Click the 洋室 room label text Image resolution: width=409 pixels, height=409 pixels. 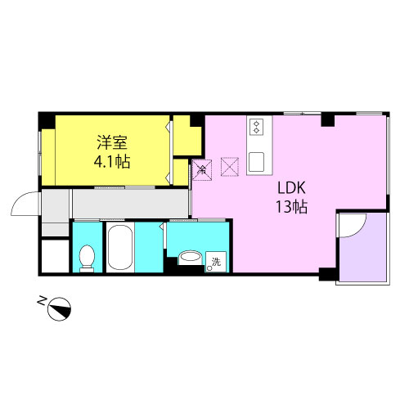click(112, 142)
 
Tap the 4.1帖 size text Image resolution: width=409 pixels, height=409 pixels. click(112, 161)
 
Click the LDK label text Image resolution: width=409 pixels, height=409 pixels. click(291, 188)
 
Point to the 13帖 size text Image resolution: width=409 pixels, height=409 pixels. click(292, 207)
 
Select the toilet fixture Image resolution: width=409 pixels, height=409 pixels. click(87, 258)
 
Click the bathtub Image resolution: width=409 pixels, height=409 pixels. click(120, 247)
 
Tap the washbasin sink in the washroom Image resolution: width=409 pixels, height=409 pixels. click(191, 258)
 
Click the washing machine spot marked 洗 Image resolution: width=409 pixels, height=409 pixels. click(216, 262)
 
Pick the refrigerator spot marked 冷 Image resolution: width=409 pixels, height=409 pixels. click(202, 170)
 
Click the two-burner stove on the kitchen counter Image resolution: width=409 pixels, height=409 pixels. click(256, 127)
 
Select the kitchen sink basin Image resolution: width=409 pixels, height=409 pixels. click(256, 162)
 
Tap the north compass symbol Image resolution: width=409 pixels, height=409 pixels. click(59, 308)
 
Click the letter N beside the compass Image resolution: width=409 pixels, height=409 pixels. click(42, 300)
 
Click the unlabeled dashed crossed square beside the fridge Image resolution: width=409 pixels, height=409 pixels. click(230, 167)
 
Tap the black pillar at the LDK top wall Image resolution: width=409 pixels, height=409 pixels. click(328, 120)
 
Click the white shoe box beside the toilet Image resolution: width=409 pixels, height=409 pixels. click(55, 256)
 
